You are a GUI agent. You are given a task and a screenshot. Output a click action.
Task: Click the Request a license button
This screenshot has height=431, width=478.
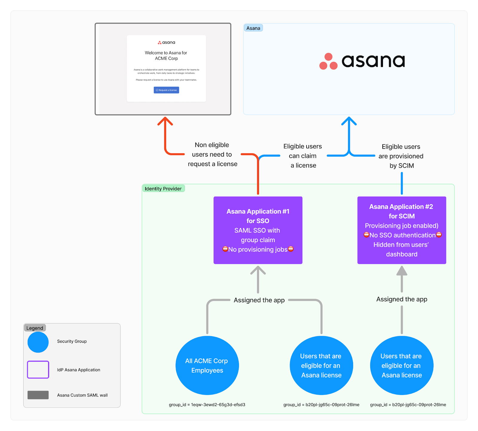click(x=166, y=90)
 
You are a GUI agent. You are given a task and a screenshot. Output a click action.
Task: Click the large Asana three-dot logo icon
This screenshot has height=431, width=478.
click(x=328, y=61)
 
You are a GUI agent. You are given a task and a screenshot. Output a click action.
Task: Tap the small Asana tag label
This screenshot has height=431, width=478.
click(x=253, y=28)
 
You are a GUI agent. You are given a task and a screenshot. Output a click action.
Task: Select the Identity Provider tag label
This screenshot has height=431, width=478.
click(x=163, y=189)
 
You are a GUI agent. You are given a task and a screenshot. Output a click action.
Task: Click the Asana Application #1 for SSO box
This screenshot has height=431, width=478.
click(x=258, y=230)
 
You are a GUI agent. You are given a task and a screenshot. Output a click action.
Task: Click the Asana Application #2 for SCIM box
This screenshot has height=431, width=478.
click(x=402, y=230)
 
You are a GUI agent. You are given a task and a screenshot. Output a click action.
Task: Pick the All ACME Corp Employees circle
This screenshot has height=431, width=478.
click(x=207, y=365)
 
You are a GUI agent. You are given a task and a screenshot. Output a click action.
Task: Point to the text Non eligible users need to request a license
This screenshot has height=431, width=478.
click(x=212, y=155)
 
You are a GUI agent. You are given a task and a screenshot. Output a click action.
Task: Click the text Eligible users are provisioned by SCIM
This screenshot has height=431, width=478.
click(x=401, y=156)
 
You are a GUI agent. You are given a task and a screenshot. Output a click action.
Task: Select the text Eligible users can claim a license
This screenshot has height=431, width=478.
click(x=303, y=156)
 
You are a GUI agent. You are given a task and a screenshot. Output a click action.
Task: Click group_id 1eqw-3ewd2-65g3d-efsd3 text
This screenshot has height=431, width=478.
click(x=207, y=405)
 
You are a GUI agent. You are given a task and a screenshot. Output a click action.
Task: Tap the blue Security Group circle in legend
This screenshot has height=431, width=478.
click(x=38, y=342)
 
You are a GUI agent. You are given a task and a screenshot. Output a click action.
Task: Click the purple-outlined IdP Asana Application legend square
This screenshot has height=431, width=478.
click(x=38, y=370)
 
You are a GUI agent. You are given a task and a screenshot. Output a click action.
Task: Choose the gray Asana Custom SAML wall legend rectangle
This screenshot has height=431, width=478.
click(x=38, y=395)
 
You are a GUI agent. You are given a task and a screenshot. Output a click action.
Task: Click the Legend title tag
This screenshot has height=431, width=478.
click(x=35, y=328)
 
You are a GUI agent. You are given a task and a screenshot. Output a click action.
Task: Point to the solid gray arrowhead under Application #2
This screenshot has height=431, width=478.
click(x=402, y=271)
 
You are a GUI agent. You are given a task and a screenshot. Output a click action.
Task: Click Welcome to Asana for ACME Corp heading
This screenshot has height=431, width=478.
click(x=166, y=55)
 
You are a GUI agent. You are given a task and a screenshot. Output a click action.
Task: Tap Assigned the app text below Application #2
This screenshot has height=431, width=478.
click(x=402, y=299)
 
